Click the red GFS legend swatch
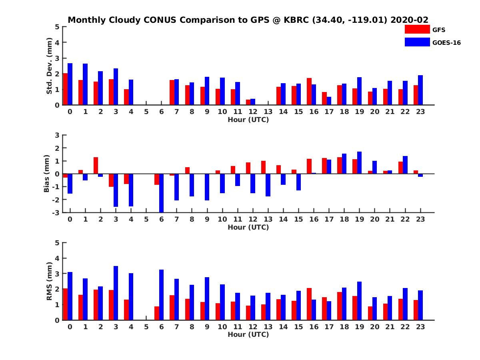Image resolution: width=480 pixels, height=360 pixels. pos(417,29)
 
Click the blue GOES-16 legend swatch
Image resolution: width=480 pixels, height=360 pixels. pos(417,42)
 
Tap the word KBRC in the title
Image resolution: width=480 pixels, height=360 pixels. pos(296,20)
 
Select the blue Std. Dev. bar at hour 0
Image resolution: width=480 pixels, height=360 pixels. pos(70,84)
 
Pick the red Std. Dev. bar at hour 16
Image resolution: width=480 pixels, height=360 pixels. pos(309,91)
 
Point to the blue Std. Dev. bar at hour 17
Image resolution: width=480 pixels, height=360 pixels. pos(329,101)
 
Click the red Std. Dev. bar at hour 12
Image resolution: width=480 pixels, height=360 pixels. pos(248,102)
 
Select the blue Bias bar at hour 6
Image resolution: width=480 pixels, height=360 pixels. pos(161,193)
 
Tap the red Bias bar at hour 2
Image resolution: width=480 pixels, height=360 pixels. pos(96,166)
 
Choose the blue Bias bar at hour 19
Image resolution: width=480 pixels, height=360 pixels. pos(359,163)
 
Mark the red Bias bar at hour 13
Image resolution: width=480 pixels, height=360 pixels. pos(263,168)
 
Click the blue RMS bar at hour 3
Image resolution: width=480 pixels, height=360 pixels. pos(116,293)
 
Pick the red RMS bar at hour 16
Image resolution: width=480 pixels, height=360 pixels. pos(309,304)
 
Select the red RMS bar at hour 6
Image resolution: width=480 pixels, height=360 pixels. pos(156,313)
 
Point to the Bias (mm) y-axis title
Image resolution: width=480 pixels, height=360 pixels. pos(46,174)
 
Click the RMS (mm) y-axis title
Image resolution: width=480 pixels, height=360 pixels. pos(49,281)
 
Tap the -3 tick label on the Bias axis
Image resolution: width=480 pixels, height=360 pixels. pos(56,213)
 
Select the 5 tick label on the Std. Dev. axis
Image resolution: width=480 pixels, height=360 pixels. pos(57,27)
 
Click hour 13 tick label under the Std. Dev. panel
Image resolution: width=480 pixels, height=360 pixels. pos(268,112)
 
